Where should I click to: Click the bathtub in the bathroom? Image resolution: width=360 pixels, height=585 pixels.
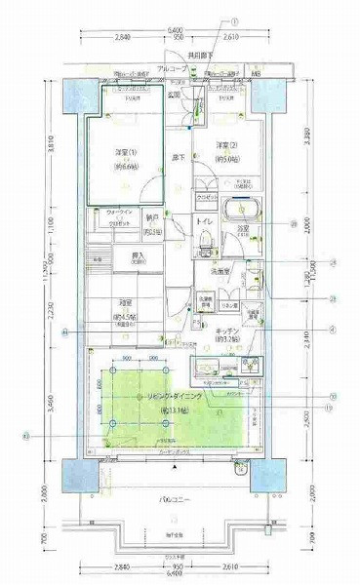(x=240, y=211)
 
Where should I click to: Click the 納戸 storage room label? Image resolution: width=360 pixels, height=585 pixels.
(x=153, y=219)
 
